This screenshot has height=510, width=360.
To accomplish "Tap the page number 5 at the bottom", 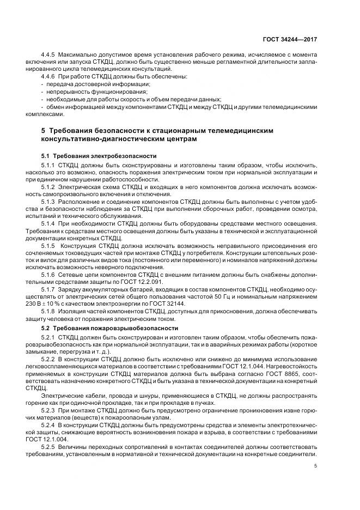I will (x=316, y=466).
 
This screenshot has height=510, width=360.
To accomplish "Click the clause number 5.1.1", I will (x=50, y=165).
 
